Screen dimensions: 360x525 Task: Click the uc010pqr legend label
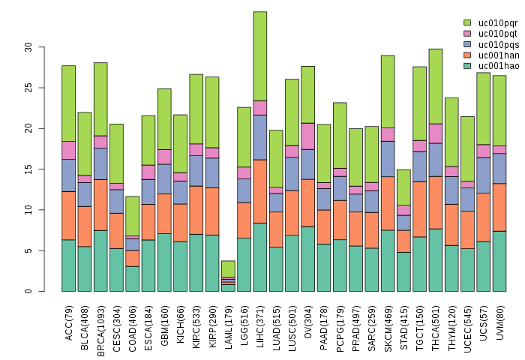pyautogui.click(x=498, y=23)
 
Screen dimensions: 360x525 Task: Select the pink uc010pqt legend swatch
pyautogui.click(x=467, y=34)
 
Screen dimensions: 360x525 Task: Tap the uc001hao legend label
pyautogui.click(x=498, y=66)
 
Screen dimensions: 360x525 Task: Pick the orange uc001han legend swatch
pyautogui.click(x=467, y=55)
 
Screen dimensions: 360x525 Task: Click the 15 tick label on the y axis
pyautogui.click(x=29, y=169)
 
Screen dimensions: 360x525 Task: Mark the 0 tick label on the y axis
pyautogui.click(x=29, y=291)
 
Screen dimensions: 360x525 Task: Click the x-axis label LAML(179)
pyautogui.click(x=228, y=323)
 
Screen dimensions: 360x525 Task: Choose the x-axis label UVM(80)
pyautogui.click(x=499, y=321)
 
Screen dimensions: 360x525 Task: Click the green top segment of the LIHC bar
pyautogui.click(x=260, y=56)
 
